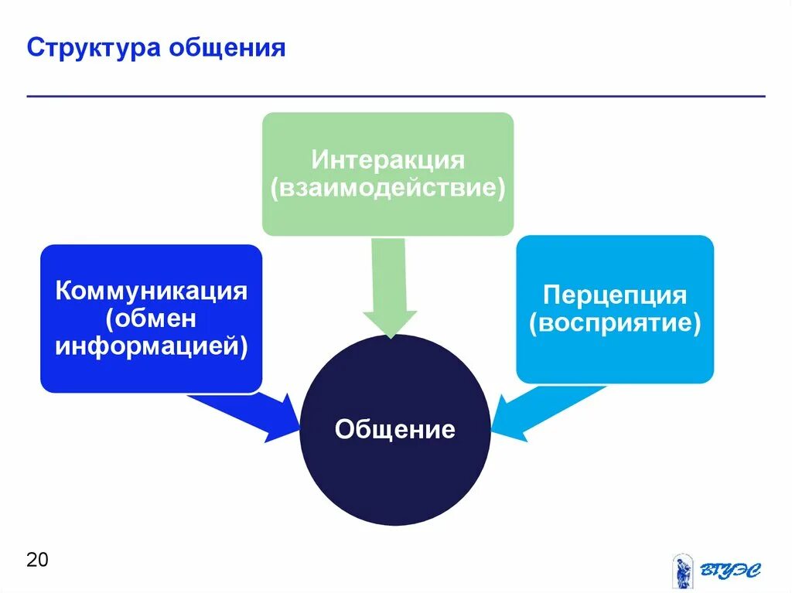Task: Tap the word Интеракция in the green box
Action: [x=387, y=160]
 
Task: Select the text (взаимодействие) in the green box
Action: [x=387, y=188]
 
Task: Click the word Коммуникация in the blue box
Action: [x=151, y=291]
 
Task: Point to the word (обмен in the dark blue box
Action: [x=151, y=319]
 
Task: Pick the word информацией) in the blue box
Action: [x=151, y=345]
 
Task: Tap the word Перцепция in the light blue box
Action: [x=615, y=295]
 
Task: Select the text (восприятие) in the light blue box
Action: [x=615, y=322]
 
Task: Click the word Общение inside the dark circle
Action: [x=394, y=429]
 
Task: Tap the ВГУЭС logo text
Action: [x=730, y=571]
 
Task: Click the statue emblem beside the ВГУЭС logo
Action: [x=682, y=571]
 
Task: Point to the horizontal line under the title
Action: [x=396, y=97]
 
